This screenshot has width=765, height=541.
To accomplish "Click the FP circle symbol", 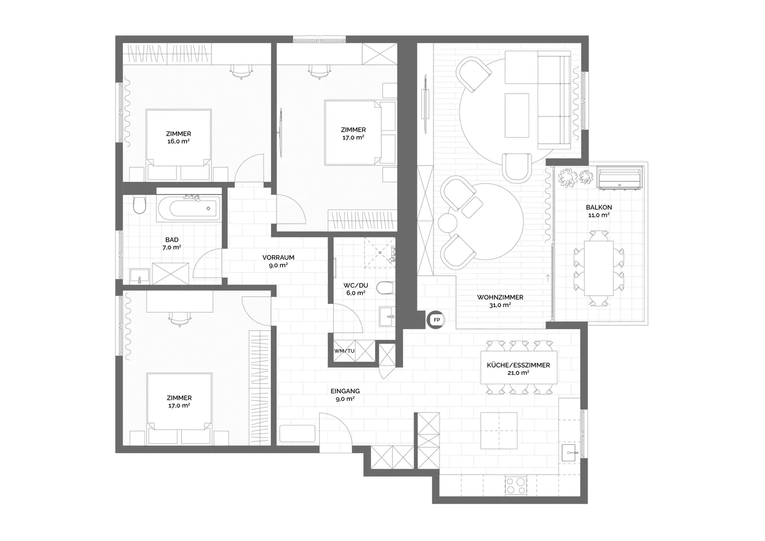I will click(437, 320).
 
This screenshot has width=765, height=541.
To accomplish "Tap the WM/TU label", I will click(344, 351).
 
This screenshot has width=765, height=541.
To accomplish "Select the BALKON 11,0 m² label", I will click(599, 211).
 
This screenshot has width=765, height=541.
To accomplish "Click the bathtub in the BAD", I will click(189, 208).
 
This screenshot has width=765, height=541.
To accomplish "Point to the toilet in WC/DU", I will click(384, 289).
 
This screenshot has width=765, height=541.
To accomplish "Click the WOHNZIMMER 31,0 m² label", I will click(500, 301).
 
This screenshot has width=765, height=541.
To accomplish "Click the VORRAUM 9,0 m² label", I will click(278, 261).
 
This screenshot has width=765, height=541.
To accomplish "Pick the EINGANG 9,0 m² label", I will click(345, 394).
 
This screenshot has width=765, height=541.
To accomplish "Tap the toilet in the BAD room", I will click(139, 205).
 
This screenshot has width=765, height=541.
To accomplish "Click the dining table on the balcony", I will click(599, 268).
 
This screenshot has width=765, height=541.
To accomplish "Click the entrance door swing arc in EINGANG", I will click(334, 428).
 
